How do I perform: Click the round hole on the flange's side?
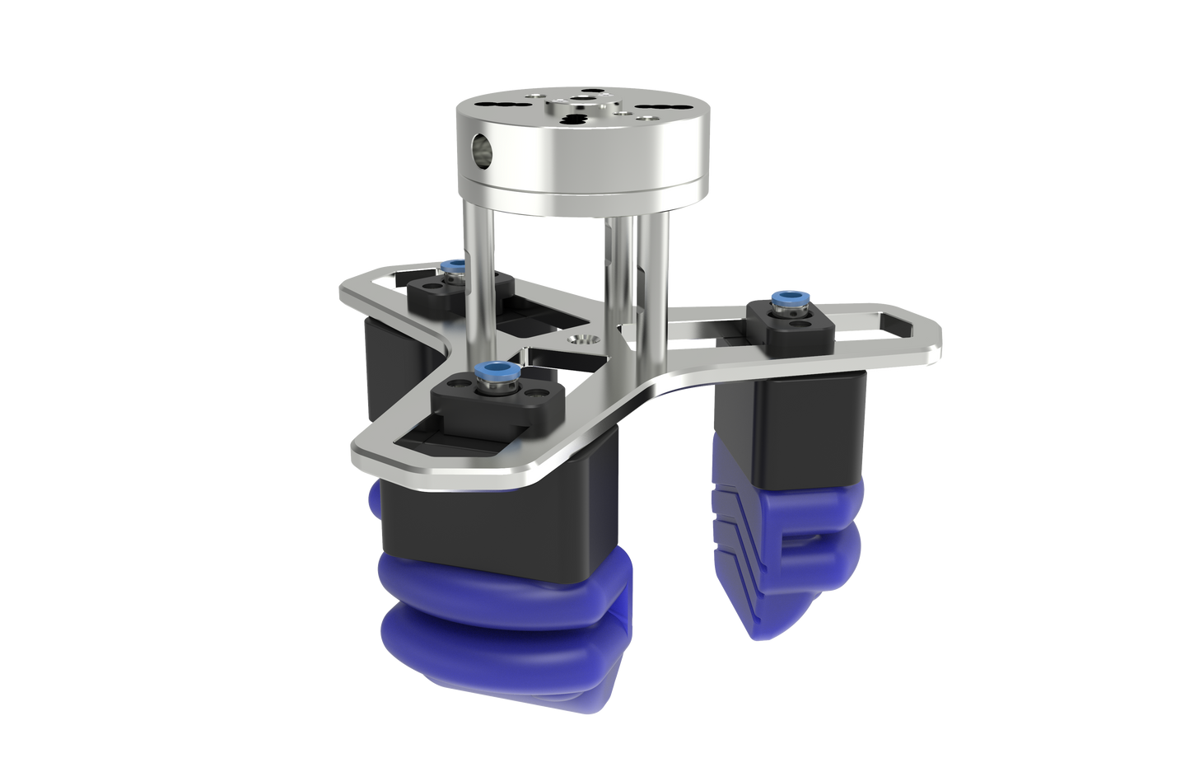click(478, 149)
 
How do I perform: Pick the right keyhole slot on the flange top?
click(659, 112)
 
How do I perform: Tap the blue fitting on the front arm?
click(497, 370)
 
